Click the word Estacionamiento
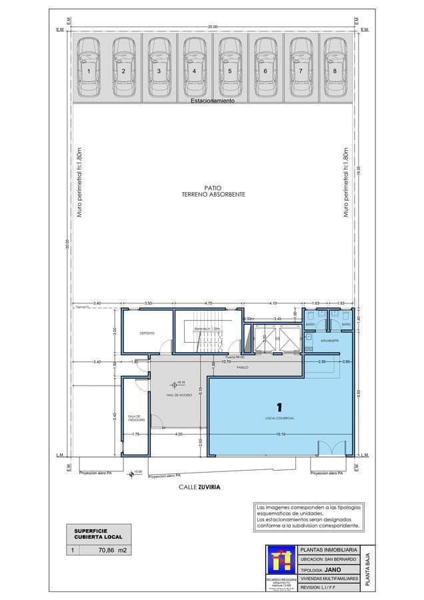(213, 101)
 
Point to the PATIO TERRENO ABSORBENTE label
(213, 191)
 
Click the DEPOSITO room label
(147, 333)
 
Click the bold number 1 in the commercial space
(280, 406)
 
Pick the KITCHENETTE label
(330, 341)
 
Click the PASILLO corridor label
(243, 367)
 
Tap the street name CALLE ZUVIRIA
(199, 487)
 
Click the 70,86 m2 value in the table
(112, 551)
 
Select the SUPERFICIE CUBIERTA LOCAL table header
(94, 533)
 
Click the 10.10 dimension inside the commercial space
(282, 435)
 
